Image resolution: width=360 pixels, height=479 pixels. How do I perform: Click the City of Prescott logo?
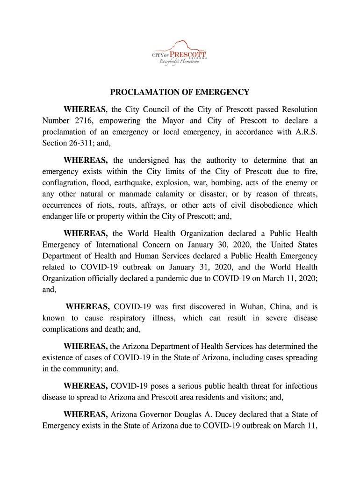(180, 52)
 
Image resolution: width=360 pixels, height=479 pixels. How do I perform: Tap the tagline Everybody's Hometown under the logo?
(180, 62)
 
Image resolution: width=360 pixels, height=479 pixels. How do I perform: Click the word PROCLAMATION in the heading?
(142, 92)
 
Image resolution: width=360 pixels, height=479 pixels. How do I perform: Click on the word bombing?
(236, 182)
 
